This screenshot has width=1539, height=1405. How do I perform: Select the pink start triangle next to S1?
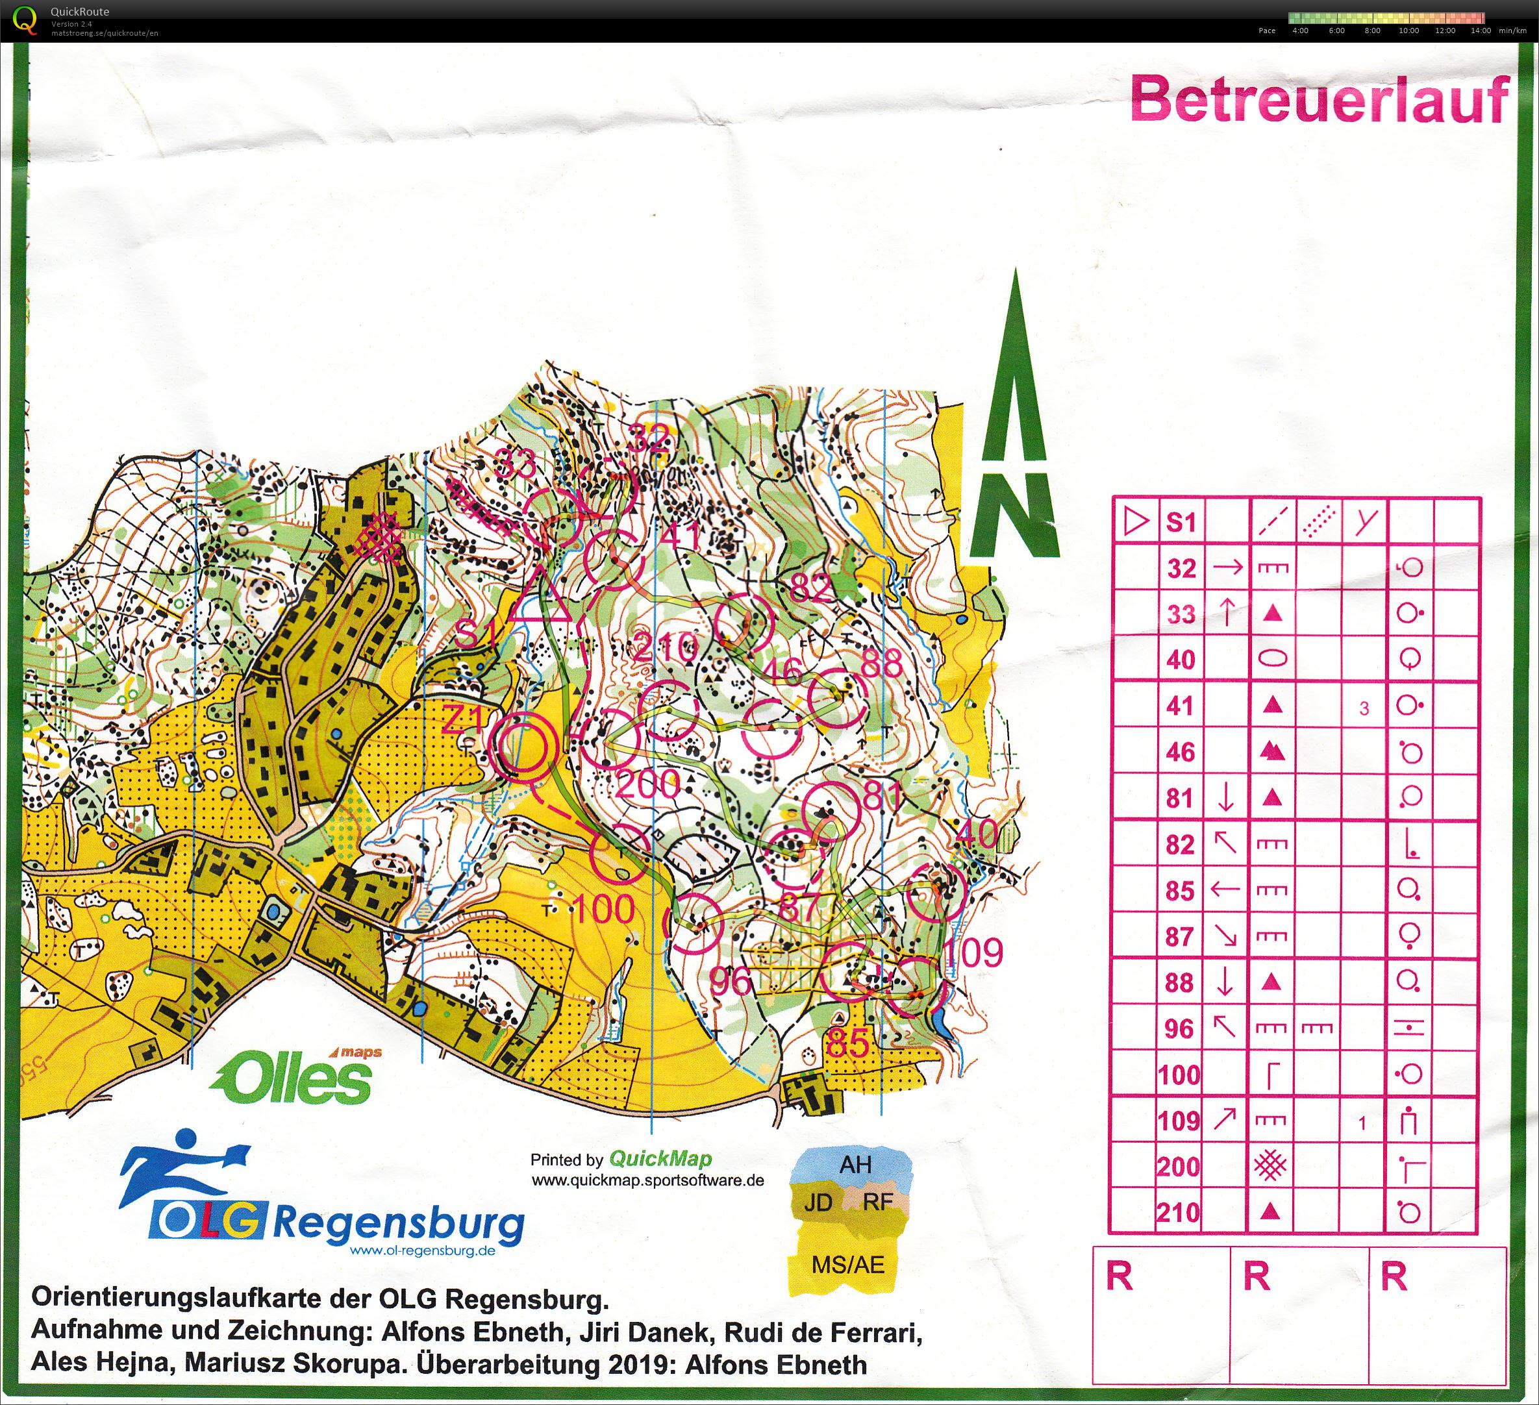[x=540, y=596]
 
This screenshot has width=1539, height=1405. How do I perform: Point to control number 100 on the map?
[x=603, y=909]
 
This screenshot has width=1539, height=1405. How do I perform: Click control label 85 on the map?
[x=847, y=1043]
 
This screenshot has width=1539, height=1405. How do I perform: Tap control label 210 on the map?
[x=666, y=648]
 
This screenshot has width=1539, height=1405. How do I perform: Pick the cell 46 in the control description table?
[x=1180, y=752]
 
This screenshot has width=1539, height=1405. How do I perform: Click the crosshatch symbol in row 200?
[x=1270, y=1166]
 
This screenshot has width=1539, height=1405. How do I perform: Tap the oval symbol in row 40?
[x=1270, y=660]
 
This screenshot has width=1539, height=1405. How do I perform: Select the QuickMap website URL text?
[x=647, y=1180]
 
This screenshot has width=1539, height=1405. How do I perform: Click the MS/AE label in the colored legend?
[x=847, y=1266]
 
